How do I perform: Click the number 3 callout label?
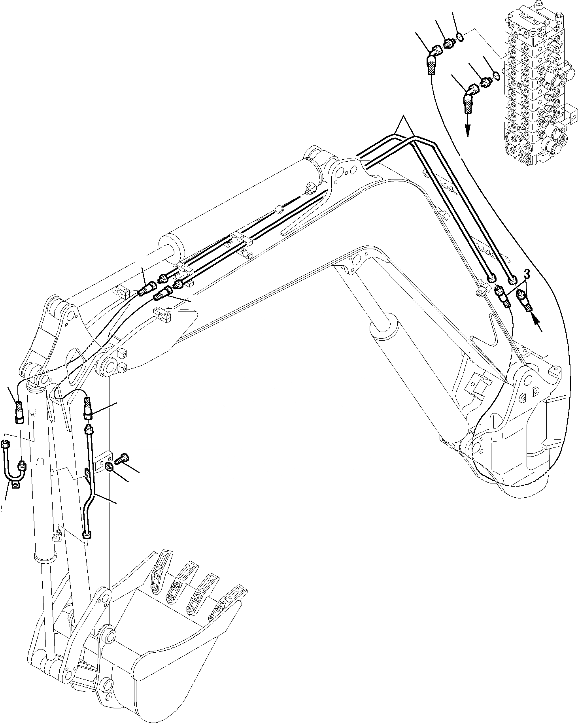527,273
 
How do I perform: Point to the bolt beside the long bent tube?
121,459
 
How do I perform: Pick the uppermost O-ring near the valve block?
459,38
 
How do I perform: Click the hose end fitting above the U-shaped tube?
19,412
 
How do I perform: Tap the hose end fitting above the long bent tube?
88,409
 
